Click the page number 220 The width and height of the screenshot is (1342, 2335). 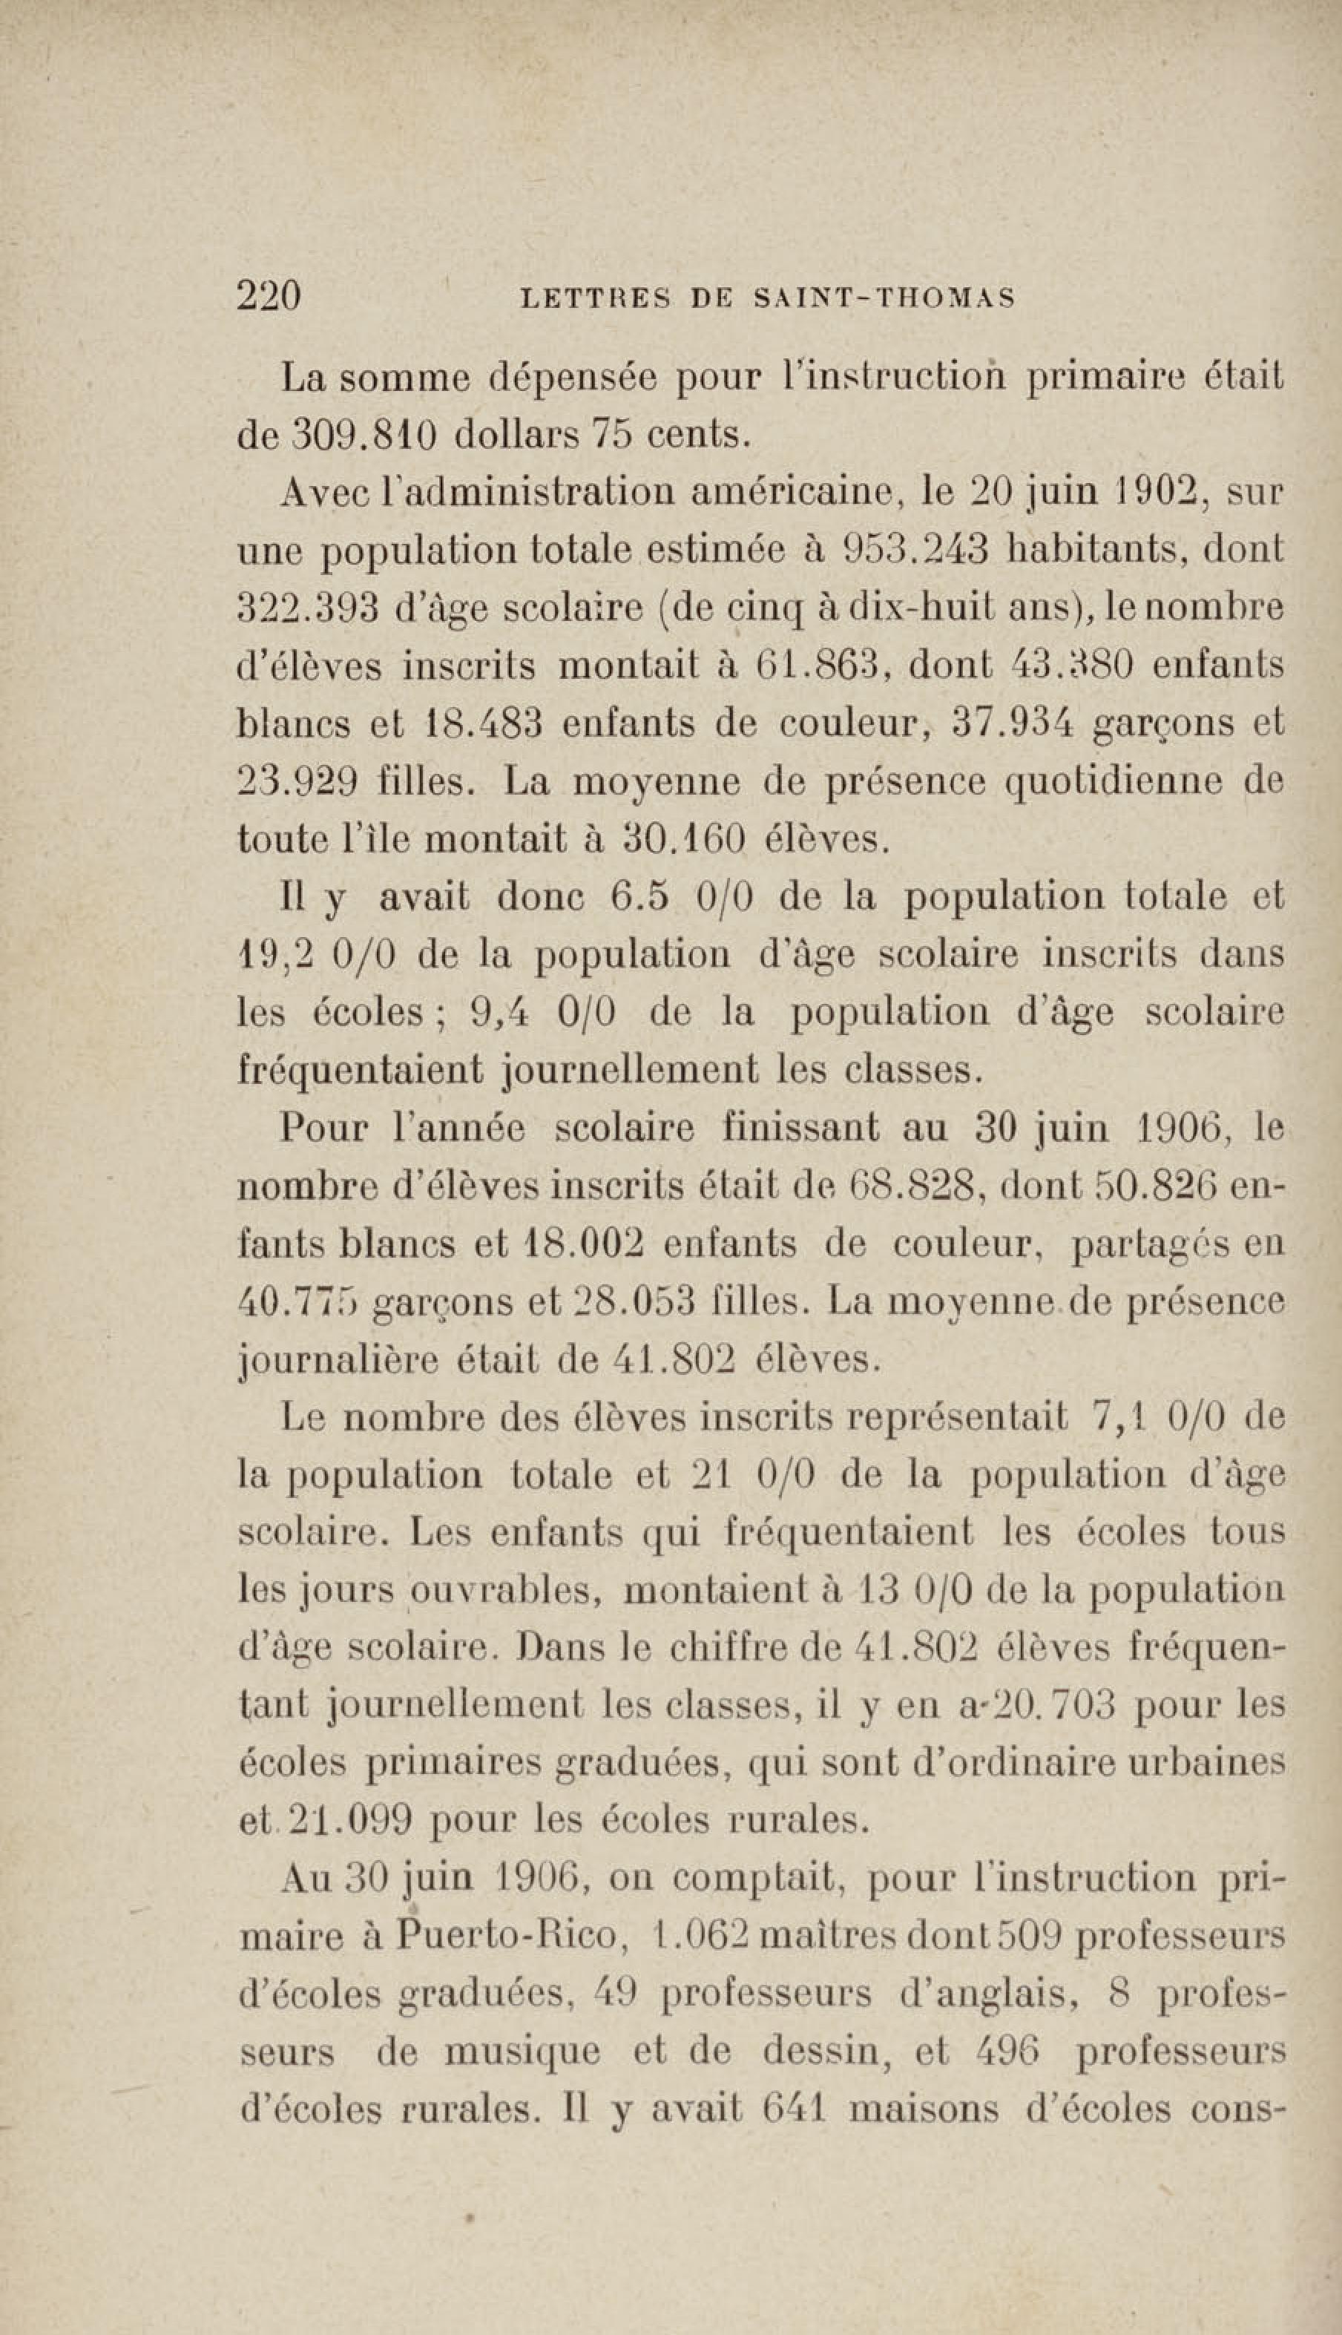[x=269, y=297]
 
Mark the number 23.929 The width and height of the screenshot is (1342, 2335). [x=297, y=782]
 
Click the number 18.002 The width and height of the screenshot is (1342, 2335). [x=577, y=1244]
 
